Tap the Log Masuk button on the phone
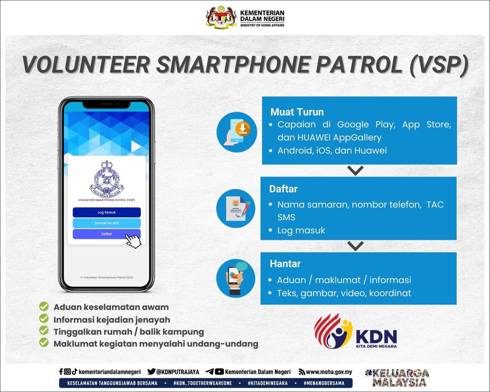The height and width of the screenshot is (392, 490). (107, 212)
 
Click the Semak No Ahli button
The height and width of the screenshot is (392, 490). (107, 223)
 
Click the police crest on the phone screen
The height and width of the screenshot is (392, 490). (107, 178)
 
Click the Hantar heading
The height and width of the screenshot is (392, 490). (285, 264)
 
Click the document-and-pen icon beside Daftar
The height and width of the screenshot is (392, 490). (236, 208)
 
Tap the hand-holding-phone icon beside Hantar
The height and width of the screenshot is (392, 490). (236, 278)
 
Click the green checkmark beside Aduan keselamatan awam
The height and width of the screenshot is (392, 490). (44, 307)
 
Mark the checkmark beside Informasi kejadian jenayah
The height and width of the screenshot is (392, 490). (44, 319)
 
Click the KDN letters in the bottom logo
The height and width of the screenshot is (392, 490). (376, 336)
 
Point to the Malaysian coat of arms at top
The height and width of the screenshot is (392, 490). (220, 17)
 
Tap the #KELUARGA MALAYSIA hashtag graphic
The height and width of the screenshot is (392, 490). (397, 378)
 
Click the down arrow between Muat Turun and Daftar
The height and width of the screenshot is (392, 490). (356, 171)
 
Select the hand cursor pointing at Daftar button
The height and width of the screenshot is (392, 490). (133, 241)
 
